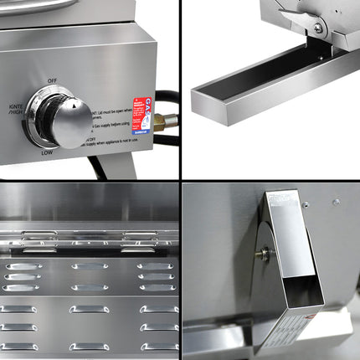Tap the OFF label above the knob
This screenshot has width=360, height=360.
pyautogui.click(x=53, y=80)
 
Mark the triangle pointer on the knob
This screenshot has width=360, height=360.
pyautogui.click(x=76, y=106)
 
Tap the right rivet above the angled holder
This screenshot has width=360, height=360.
pyautogui.click(x=336, y=202)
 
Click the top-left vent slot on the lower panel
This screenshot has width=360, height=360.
pyautogui.click(x=23, y=266)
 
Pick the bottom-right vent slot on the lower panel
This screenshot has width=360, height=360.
pyautogui.click(x=158, y=346)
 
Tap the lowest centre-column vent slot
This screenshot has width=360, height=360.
pyautogui.click(x=89, y=346)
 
